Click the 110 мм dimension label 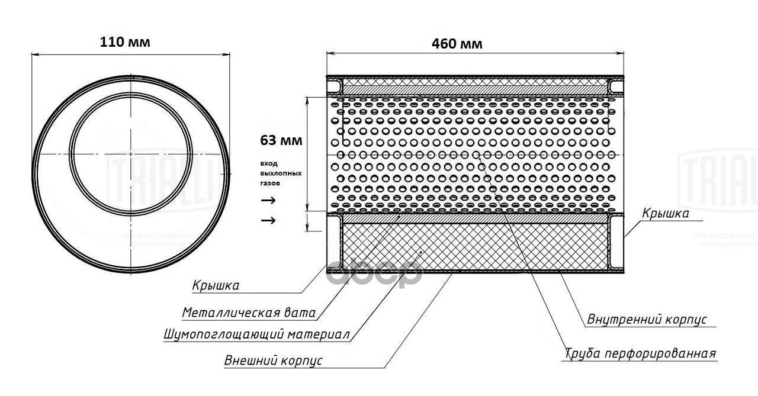click(x=125, y=43)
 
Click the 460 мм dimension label click(x=457, y=43)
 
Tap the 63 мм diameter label click(x=281, y=141)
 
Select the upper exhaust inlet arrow click(x=268, y=200)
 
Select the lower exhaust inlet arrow click(x=268, y=221)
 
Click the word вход click(x=268, y=163)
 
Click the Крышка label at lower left click(x=216, y=286)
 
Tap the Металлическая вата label click(x=248, y=313)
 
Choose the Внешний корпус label click(x=273, y=360)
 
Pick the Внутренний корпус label click(x=647, y=320)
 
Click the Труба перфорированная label click(x=640, y=354)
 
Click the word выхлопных click(x=281, y=173)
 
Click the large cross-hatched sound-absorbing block click(x=474, y=246)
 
